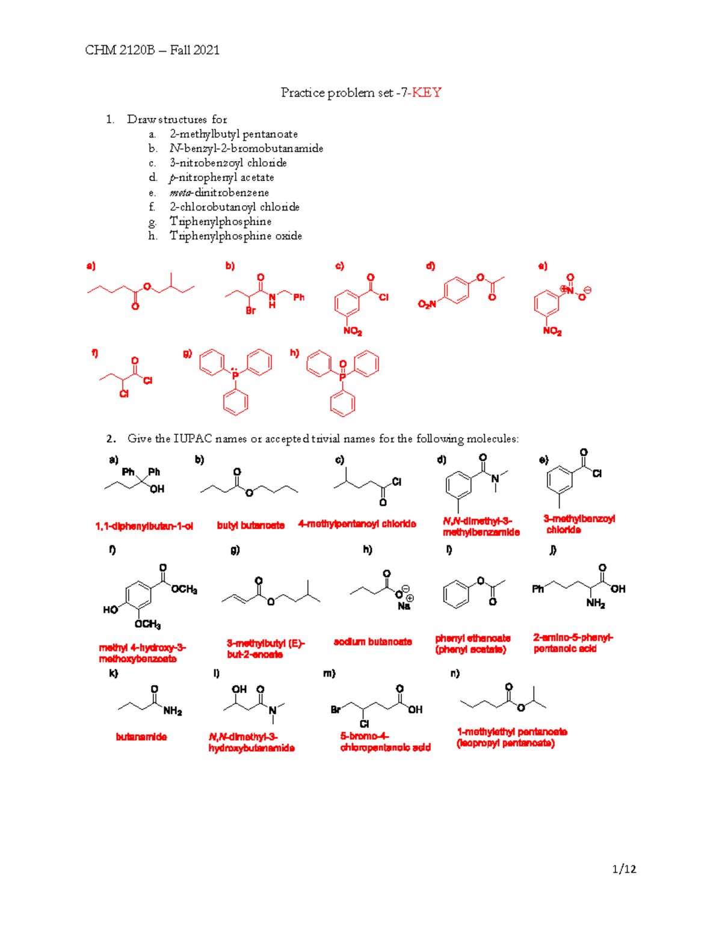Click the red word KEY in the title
[427, 93]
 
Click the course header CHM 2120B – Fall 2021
[152, 51]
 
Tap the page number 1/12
[624, 869]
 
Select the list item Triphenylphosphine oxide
[236, 236]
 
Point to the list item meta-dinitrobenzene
[220, 192]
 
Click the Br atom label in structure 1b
[251, 310]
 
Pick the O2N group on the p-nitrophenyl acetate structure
[427, 304]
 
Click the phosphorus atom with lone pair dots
[235, 375]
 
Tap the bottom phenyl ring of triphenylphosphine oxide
[343, 404]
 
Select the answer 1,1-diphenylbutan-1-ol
[144, 526]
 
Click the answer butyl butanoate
[251, 525]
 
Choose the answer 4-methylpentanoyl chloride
[357, 524]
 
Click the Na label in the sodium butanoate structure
[404, 606]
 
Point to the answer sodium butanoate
[373, 642]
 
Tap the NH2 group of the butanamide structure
[173, 711]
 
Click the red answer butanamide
[141, 737]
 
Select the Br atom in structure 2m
[336, 710]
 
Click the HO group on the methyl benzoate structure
[111, 610]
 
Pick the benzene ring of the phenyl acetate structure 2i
[456, 594]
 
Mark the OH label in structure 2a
[157, 489]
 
